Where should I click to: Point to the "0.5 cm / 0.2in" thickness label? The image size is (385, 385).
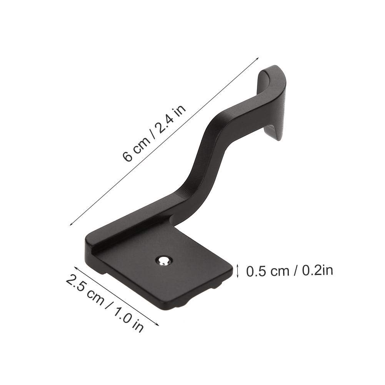click(290, 271)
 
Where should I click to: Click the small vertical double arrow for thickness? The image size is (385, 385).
click(237, 271)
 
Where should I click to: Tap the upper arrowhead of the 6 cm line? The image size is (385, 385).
click(257, 59)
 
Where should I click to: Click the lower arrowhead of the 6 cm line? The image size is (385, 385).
click(72, 223)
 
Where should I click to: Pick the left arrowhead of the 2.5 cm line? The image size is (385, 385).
click(76, 267)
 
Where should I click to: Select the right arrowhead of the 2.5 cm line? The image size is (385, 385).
click(157, 324)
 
